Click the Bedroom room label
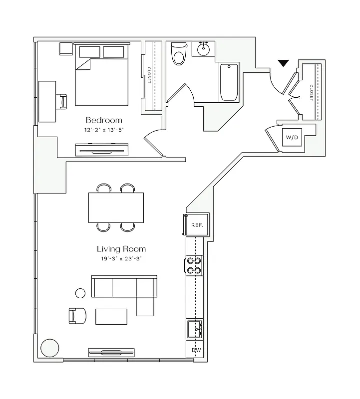[x=104, y=120]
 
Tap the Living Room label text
[x=121, y=249]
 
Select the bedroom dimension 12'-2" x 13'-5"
[x=104, y=130]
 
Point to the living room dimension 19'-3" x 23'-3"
[x=121, y=258]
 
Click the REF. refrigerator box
[x=197, y=225]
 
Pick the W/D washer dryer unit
[x=292, y=137]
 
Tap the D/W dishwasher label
[x=196, y=351]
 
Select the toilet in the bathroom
[x=177, y=54]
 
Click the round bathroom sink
[x=204, y=50]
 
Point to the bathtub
[x=229, y=82]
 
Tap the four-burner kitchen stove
[x=194, y=265]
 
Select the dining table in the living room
[x=116, y=207]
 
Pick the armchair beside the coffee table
[x=77, y=315]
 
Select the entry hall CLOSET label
[x=311, y=92]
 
